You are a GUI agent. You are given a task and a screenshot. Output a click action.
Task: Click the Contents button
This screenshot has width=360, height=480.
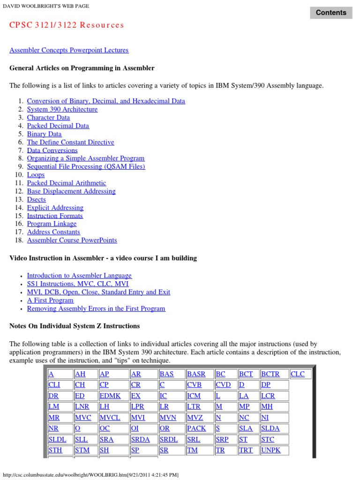331,13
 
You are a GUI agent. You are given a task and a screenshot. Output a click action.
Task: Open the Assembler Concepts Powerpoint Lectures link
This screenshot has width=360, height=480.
69,50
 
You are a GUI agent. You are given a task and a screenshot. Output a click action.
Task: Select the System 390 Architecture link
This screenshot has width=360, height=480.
62,109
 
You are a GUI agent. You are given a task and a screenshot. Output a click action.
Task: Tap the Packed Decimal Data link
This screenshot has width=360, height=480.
58,126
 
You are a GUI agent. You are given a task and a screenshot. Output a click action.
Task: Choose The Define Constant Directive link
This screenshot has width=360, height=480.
70,142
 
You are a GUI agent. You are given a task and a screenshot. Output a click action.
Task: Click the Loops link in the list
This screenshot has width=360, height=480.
36,175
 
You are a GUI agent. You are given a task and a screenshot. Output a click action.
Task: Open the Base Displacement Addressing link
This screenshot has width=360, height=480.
71,191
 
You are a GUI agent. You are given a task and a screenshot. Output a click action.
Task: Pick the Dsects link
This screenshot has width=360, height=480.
37,199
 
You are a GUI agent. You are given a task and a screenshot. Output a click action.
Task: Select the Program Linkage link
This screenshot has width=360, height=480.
52,224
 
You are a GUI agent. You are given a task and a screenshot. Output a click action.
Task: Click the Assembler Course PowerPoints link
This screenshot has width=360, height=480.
72,240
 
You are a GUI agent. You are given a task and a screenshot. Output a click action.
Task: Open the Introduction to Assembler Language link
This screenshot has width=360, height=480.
79,276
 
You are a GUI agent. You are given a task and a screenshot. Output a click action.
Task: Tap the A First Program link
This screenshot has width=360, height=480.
50,300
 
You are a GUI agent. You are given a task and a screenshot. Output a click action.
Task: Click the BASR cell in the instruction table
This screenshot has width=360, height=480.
196,374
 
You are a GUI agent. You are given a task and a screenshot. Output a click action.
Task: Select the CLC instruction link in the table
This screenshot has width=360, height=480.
298,374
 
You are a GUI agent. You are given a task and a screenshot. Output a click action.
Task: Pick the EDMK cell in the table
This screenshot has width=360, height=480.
110,396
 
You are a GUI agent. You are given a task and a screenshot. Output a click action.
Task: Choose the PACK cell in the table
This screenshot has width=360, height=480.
196,428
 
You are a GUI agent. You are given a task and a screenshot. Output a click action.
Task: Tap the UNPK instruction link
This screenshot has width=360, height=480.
271,450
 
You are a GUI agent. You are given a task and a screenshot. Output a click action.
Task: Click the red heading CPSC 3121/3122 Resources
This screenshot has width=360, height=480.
67,25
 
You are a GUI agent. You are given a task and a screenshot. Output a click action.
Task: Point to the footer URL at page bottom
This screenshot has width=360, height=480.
90,475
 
